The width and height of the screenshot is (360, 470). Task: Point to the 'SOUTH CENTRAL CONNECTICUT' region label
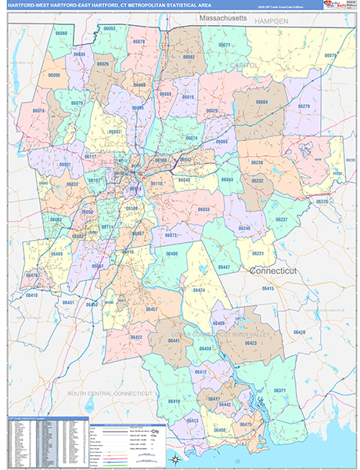(110, 392)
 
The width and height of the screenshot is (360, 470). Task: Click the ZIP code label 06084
(261, 102)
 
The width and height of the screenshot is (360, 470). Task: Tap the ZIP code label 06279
(304, 106)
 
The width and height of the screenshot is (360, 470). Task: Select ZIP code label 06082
(189, 57)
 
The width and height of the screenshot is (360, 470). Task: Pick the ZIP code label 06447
(225, 268)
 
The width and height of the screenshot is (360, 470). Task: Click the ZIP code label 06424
(199, 290)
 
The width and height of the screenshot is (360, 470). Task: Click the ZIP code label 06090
(53, 74)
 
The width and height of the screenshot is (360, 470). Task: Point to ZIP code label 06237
(282, 219)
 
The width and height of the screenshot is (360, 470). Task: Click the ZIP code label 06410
(31, 295)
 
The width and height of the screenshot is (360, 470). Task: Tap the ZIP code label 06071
(225, 45)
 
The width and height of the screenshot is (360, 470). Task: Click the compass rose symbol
(177, 458)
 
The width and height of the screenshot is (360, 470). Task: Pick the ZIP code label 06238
(257, 162)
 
